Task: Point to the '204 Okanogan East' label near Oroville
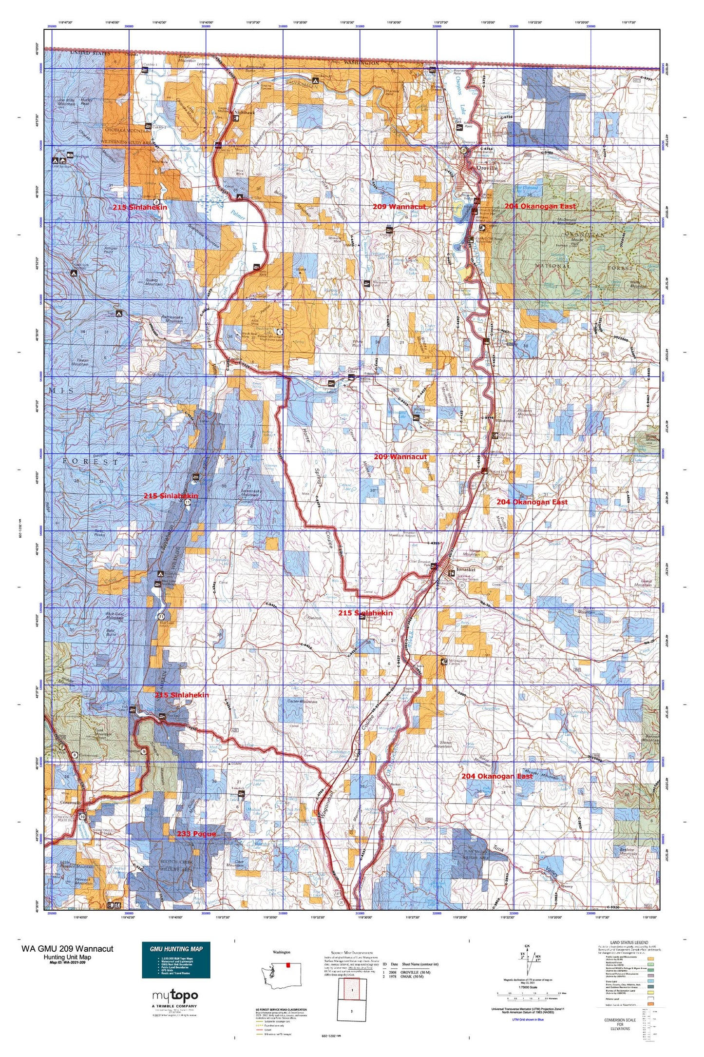[540, 206]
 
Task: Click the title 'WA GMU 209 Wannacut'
[67, 949]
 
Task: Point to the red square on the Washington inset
[288, 964]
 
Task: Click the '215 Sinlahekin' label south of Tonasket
[365, 613]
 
